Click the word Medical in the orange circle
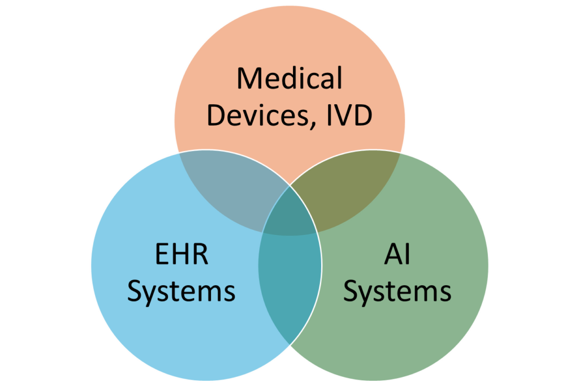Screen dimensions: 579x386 pos(289,78)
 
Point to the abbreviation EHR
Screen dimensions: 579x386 pos(182,254)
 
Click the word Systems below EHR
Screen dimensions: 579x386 pos(182,292)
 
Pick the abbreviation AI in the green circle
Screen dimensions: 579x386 pos(397,254)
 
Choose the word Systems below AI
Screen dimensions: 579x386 pos(397,292)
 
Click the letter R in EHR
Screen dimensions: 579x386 pos(201,254)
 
